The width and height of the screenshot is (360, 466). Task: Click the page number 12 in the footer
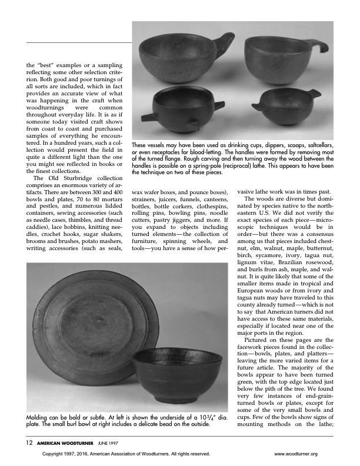(29, 441)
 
